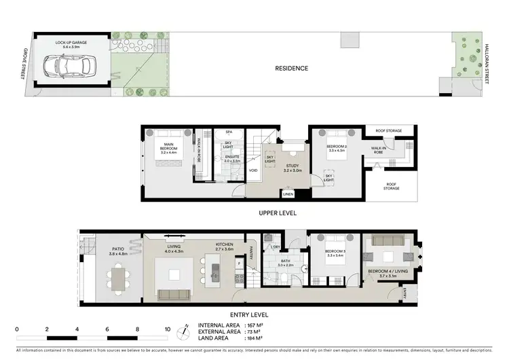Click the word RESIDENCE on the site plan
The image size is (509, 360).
click(x=291, y=68)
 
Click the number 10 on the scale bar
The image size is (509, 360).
click(x=167, y=329)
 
